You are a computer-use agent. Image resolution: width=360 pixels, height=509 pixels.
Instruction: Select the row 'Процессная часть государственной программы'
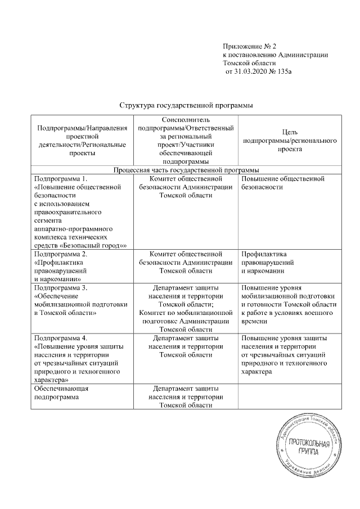coord(186,169)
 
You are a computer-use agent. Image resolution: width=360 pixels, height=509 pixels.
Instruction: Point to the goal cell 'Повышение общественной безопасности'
coord(283,183)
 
